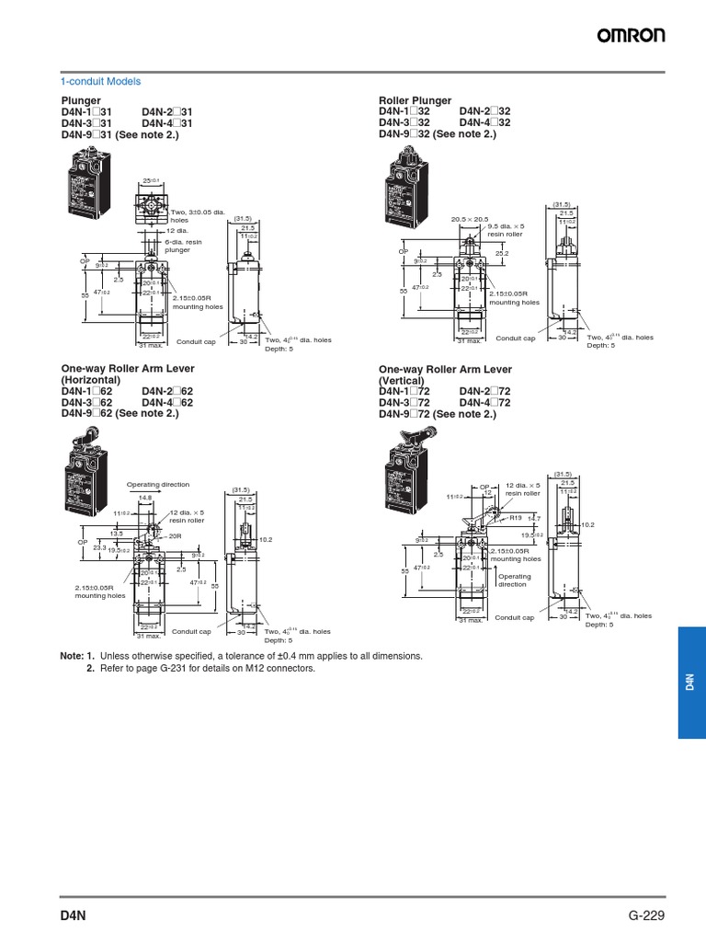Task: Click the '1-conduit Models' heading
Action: pos(101,81)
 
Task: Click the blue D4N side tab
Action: pos(691,683)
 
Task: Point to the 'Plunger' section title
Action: pos(81,99)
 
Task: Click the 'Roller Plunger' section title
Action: pos(415,99)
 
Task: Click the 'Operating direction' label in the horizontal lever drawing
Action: pos(158,484)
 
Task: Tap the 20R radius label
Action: pos(176,534)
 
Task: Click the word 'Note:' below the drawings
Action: pos(72,656)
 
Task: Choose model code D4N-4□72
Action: pos(484,403)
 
